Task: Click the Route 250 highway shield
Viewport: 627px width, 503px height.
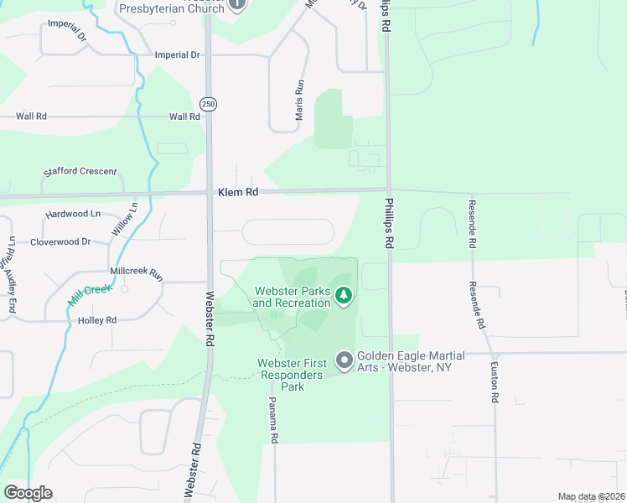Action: [x=208, y=103]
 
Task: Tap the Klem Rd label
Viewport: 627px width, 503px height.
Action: [x=237, y=192]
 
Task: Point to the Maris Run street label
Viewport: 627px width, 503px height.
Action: [x=299, y=100]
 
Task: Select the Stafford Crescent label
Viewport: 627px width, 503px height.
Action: [x=80, y=171]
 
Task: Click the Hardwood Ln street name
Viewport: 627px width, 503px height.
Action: [x=73, y=214]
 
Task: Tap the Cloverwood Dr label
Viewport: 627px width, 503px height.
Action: [x=60, y=241]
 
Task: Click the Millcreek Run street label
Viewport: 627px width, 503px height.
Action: [x=136, y=272]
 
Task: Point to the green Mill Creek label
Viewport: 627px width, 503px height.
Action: [x=90, y=295]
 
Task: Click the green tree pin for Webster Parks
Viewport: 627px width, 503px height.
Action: [x=343, y=295]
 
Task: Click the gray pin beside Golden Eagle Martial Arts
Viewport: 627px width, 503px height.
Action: [x=344, y=360]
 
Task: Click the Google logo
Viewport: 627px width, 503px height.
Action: [x=28, y=493]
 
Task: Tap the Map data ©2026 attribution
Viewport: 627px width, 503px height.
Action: [x=591, y=496]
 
